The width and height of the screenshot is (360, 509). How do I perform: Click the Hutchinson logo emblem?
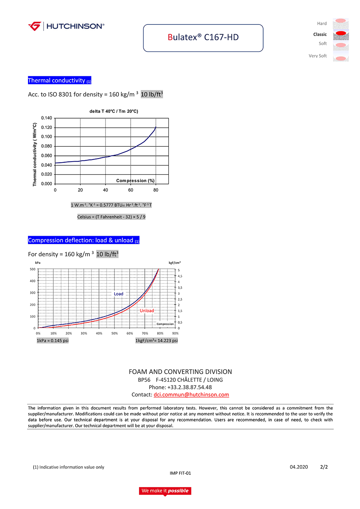tap(35, 26)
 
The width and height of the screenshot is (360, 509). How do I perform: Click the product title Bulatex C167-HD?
tap(203, 37)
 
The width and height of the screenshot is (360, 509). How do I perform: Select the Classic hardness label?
tap(320, 35)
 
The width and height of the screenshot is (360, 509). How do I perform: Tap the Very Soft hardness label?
tap(318, 56)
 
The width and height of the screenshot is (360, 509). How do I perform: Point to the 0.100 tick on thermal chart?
tap(46, 137)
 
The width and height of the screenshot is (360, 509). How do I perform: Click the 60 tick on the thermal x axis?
tap(131, 190)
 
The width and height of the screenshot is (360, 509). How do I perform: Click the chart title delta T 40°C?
tap(114, 111)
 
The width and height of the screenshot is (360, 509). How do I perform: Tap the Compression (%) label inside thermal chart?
tap(135, 181)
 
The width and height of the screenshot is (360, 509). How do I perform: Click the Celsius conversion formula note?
tap(111, 217)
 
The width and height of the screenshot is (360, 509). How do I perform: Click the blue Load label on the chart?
tap(118, 294)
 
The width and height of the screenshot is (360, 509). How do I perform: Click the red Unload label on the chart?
tap(147, 311)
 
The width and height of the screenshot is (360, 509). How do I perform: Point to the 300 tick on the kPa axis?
tap(33, 293)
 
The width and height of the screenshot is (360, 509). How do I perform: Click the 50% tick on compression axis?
tap(114, 333)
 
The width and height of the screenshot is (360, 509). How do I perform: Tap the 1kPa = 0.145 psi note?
tap(53, 341)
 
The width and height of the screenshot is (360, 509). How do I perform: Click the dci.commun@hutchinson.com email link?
tap(191, 395)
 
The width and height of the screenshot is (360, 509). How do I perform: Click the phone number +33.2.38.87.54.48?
tap(189, 387)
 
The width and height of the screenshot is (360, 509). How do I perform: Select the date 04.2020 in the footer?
tap(299, 467)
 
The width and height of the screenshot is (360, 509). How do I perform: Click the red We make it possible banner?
tap(165, 491)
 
